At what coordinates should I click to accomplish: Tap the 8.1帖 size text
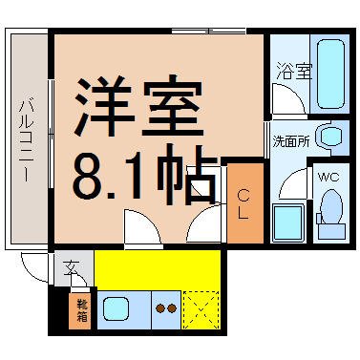coord(143,173)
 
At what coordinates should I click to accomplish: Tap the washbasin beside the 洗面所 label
coord(331,136)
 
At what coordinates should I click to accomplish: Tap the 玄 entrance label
coord(73,269)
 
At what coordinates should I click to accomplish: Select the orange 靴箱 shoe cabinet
coord(82,311)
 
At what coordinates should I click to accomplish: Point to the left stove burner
coord(159,308)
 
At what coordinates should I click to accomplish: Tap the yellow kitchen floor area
coord(158,269)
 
